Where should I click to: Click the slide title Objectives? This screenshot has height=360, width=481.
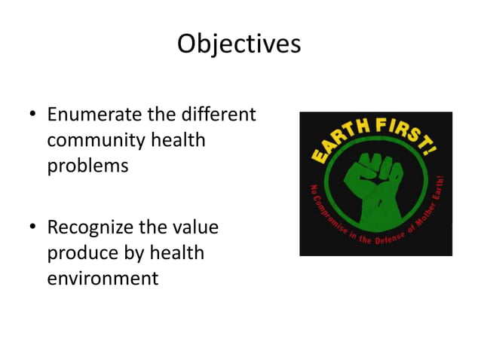239,44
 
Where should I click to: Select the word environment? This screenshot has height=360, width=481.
103,277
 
